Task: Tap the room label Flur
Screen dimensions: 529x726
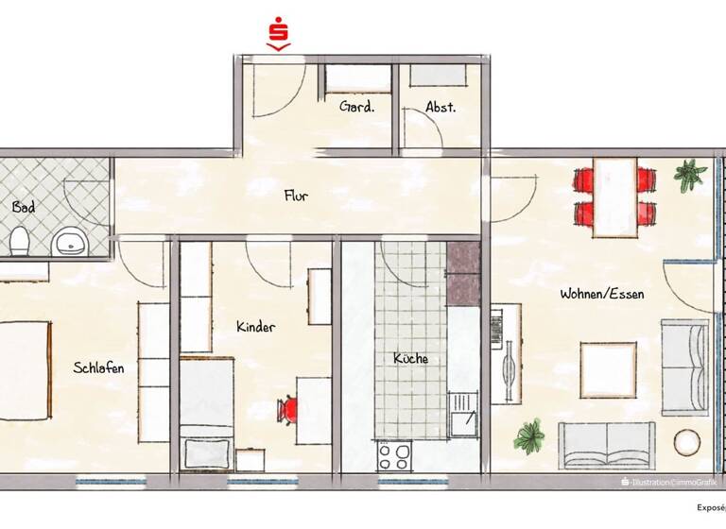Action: point(296,196)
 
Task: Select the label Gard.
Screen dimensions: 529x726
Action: point(357,107)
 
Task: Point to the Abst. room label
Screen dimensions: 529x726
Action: point(441,107)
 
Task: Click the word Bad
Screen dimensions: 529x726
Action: point(24,206)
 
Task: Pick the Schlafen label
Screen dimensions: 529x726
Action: point(98,367)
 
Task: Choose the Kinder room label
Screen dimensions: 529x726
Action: point(255,327)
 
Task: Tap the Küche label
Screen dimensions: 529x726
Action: point(410,359)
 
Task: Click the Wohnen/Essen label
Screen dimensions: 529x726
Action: point(601,294)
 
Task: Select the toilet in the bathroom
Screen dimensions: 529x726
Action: point(19,242)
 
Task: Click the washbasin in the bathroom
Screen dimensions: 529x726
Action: point(68,243)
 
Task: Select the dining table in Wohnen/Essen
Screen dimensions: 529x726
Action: point(614,196)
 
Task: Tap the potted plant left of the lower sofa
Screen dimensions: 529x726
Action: point(528,436)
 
